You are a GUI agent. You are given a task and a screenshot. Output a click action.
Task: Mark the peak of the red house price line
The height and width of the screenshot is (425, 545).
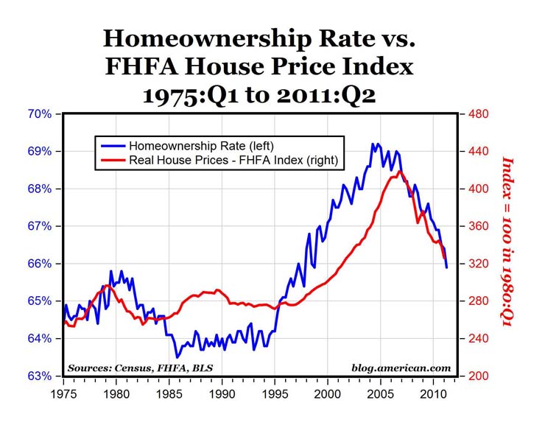400,172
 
